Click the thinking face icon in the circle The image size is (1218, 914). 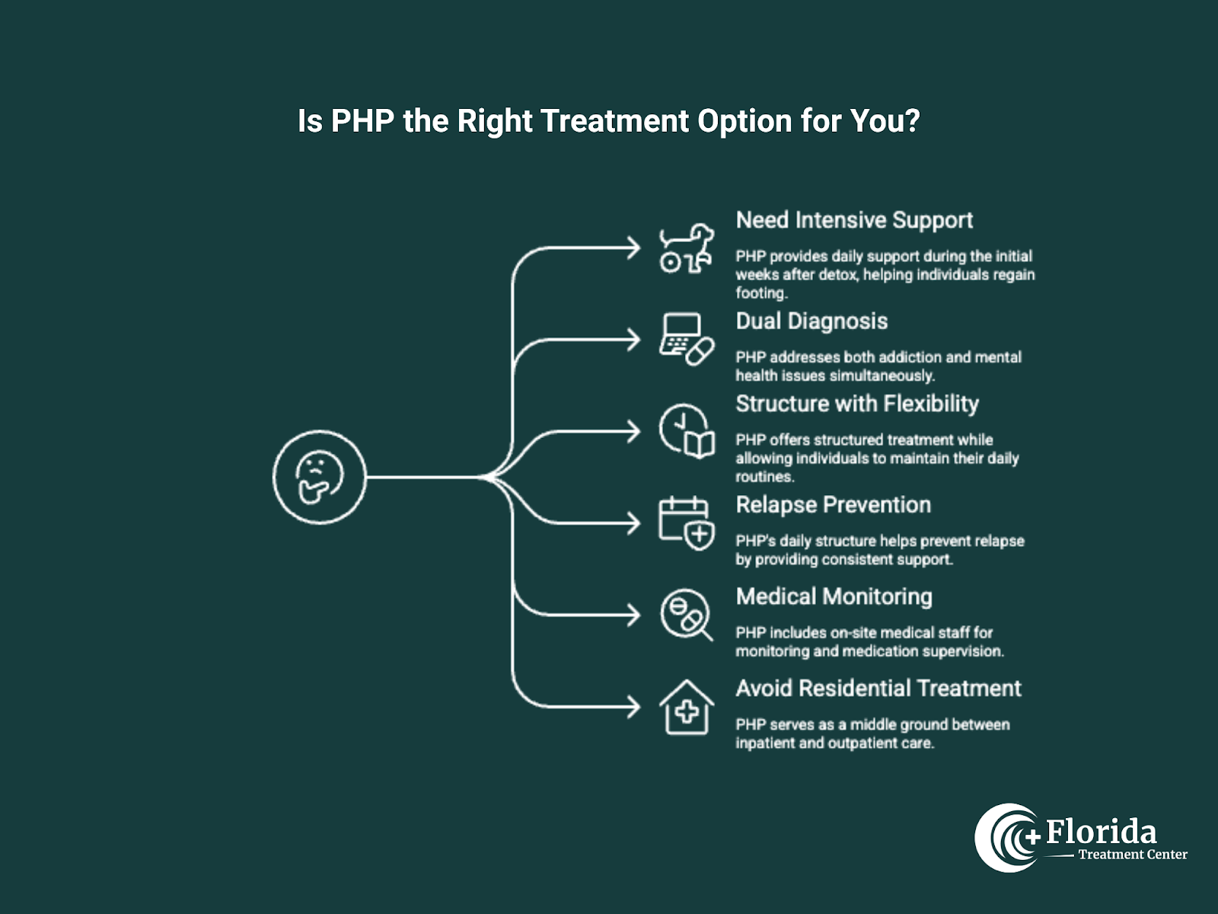pos(320,478)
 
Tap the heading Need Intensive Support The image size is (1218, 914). pos(854,220)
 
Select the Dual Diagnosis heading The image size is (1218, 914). pos(811,321)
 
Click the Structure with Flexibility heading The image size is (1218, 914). pos(857,404)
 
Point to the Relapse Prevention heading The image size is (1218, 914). pos(833,505)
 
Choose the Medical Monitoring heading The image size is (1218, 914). pos(834,596)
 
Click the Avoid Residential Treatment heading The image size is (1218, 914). pos(878,689)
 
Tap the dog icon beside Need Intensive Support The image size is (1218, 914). pos(687,248)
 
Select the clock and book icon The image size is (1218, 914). pos(687,431)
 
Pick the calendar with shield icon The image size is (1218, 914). pos(687,523)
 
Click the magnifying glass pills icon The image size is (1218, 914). pos(687,615)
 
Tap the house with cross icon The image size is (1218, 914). pos(687,707)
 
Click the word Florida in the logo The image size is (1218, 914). pos(1101,832)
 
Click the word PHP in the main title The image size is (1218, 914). pos(362,121)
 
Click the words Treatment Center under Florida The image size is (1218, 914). pos(1132,855)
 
